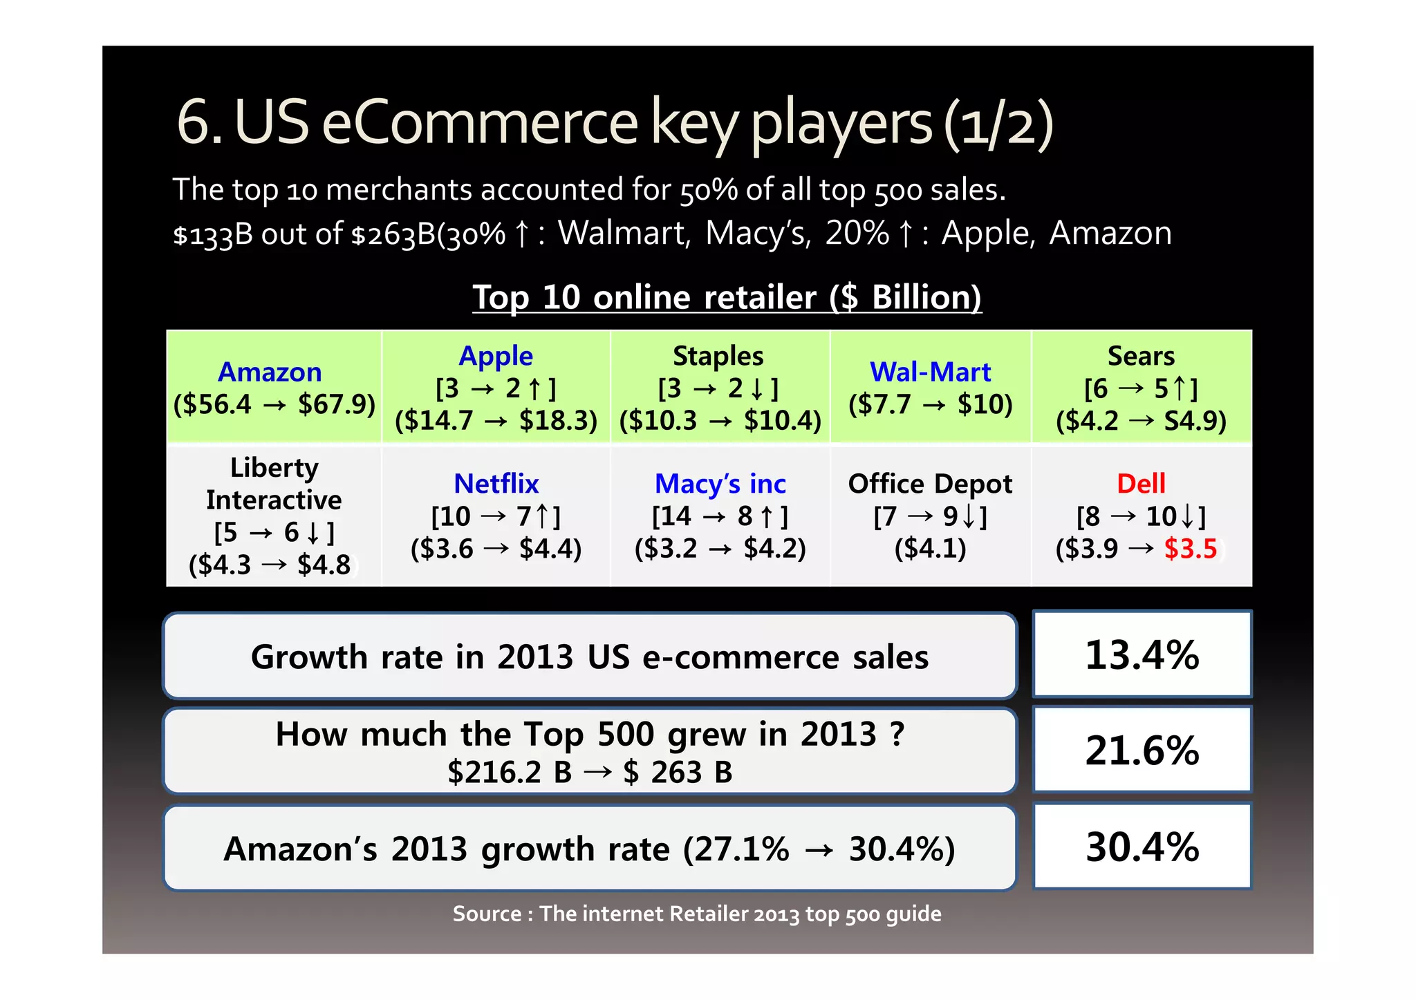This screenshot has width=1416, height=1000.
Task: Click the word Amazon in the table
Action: point(270,372)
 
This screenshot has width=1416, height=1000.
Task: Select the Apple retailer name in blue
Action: point(496,356)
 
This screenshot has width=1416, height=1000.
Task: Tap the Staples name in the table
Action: point(718,356)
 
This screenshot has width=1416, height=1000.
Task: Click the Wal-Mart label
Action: point(930,372)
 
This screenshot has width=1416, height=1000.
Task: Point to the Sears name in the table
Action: point(1141,356)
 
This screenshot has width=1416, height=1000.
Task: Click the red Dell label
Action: point(1141,483)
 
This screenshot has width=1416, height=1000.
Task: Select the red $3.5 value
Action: point(1190,549)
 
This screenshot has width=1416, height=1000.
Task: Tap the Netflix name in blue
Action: point(496,483)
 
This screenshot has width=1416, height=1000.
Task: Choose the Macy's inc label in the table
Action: point(720,483)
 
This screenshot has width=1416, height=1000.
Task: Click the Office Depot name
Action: point(930,483)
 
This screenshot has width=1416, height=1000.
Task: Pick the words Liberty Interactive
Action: point(274,483)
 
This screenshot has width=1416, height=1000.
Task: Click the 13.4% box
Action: point(1142,654)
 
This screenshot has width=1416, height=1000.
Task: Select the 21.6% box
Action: point(1142,750)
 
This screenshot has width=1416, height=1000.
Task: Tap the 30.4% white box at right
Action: point(1142,846)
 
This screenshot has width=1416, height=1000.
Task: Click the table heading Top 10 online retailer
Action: point(726,297)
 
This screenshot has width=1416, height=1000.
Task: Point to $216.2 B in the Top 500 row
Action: point(510,772)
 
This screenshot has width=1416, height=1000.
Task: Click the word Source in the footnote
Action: point(487,914)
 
